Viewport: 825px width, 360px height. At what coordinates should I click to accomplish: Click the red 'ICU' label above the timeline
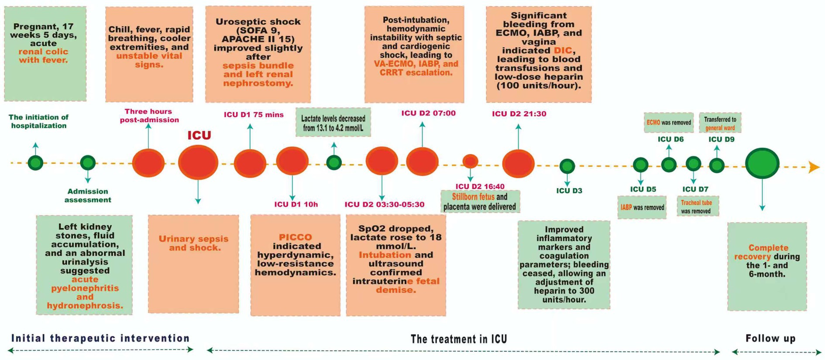pos(199,136)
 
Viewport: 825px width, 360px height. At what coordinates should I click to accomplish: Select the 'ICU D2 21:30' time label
pos(519,114)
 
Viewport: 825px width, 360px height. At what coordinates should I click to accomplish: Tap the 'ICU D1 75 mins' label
pos(254,115)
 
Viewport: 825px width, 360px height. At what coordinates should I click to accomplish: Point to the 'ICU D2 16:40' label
pos(480,186)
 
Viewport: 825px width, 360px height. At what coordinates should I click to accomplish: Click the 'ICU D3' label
pos(569,191)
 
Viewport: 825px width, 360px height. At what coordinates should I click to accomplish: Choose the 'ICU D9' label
pos(721,139)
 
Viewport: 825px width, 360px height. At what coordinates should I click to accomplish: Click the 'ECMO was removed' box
pos(668,123)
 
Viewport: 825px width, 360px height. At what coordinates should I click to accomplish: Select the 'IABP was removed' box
pos(642,207)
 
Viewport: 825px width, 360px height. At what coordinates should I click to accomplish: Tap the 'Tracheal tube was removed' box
pos(697,206)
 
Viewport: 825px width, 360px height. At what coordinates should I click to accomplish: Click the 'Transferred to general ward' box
pos(720,123)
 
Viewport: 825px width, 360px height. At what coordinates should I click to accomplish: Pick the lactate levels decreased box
pos(333,123)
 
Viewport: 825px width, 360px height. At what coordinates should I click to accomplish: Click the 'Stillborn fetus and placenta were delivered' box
pos(480,202)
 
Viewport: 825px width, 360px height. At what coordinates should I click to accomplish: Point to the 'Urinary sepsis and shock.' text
pos(193,243)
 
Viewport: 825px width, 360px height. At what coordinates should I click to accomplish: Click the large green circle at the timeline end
pos(762,164)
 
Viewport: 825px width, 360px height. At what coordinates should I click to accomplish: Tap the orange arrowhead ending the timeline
pos(814,167)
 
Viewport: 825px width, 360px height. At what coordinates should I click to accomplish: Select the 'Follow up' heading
pos(770,338)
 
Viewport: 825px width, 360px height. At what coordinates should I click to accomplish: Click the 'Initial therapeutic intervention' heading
pos(100,338)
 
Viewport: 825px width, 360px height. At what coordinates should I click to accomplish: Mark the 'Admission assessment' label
pos(88,195)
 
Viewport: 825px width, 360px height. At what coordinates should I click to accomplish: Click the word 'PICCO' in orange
pos(296,237)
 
